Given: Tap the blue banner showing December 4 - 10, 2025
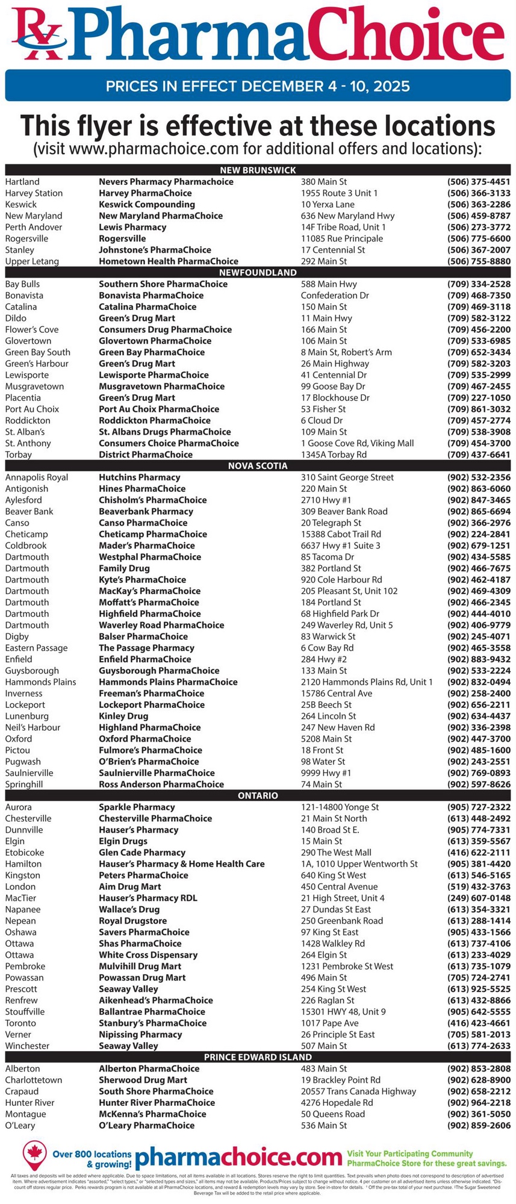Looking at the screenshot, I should (x=258, y=85).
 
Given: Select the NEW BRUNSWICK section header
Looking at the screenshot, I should (x=258, y=170).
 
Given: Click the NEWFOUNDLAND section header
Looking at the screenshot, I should (x=258, y=272).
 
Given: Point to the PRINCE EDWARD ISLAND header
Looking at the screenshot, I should (x=258, y=1057).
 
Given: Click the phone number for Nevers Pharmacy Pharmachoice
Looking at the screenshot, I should (x=479, y=181).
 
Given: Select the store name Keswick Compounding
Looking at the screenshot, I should (x=147, y=204).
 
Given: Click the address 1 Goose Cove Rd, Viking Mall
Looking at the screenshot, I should (x=357, y=443).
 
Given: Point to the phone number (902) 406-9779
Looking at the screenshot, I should (x=479, y=625).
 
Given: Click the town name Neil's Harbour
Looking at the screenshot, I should (x=34, y=727).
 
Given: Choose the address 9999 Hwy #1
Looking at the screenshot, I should (x=326, y=773).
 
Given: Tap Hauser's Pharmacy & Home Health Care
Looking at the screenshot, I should (x=181, y=864).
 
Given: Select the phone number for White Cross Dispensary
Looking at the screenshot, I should (x=479, y=955).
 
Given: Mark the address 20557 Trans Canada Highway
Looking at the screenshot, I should (x=358, y=1091).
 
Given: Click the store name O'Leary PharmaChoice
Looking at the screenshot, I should (x=146, y=1125).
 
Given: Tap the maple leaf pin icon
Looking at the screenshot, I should (x=35, y=1153).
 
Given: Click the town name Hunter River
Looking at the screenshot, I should (x=30, y=1102).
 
